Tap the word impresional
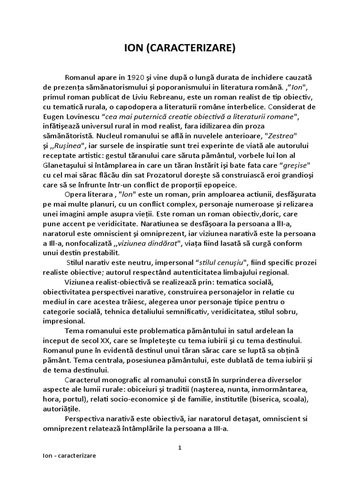click(x=64, y=321)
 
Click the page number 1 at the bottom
click(x=180, y=448)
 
